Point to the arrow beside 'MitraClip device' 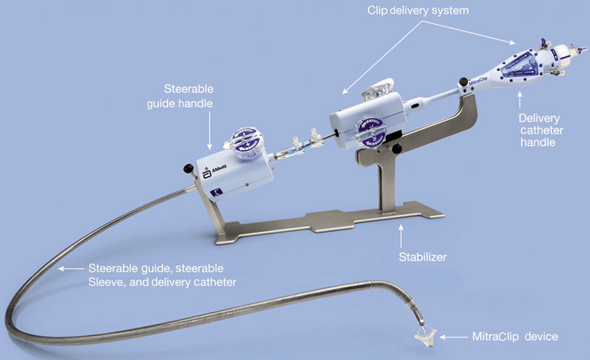452,337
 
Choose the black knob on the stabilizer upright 398,148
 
